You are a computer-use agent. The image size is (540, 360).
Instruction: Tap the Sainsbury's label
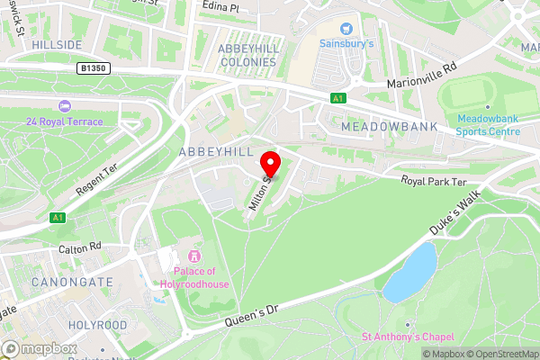point(346,42)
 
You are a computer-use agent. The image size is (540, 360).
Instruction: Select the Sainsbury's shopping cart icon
point(346,28)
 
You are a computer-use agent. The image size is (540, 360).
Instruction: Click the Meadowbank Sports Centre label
point(488,124)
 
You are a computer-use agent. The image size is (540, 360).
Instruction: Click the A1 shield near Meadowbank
point(337,97)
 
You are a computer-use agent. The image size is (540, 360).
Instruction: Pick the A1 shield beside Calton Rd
point(58,217)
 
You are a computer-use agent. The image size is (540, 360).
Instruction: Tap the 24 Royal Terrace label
point(64,121)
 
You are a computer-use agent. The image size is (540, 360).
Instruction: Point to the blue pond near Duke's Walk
point(409,272)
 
